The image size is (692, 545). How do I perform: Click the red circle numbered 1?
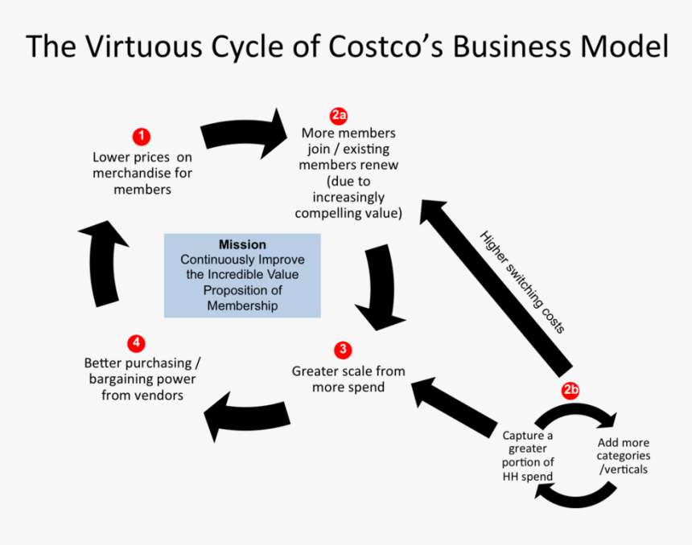click(x=142, y=136)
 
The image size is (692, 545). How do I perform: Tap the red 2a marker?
click(x=339, y=114)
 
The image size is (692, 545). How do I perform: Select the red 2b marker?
click(x=570, y=391)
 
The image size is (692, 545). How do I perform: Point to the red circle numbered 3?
click(x=344, y=350)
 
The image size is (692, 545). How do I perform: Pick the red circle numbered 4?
click(x=136, y=343)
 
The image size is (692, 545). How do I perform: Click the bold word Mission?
click(x=242, y=244)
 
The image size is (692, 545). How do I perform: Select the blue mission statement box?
click(x=242, y=275)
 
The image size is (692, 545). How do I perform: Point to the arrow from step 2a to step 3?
click(x=374, y=285)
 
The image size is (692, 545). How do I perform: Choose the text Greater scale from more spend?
click(x=348, y=379)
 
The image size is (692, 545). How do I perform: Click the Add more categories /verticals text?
click(x=624, y=456)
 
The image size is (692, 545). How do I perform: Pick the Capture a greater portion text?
click(x=528, y=456)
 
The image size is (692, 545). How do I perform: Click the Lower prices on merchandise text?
click(x=142, y=173)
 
